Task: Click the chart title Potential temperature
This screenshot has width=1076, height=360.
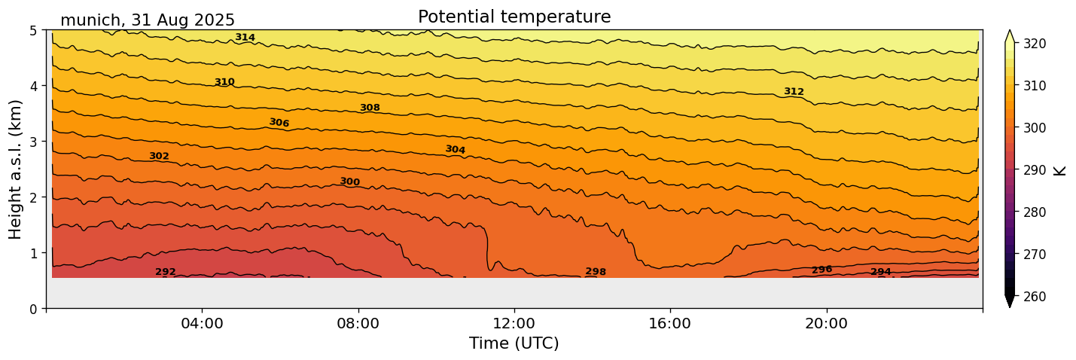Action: click(x=514, y=17)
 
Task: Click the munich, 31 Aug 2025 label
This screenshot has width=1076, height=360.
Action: click(x=148, y=20)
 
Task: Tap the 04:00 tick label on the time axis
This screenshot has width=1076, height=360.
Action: click(x=202, y=323)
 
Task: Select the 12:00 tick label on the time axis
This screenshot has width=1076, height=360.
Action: click(x=514, y=323)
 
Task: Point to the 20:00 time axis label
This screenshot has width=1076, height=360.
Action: click(x=827, y=323)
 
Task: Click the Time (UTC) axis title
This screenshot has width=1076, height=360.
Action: click(x=514, y=343)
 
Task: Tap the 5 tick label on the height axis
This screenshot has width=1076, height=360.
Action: click(x=34, y=31)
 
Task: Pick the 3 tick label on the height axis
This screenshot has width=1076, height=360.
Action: click(x=34, y=142)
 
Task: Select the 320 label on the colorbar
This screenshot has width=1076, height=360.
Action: click(x=1034, y=44)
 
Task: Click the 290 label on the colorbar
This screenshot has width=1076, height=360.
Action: click(x=1034, y=170)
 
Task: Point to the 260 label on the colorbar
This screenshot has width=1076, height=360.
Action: click(x=1034, y=297)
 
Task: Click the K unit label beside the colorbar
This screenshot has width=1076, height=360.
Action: click(x=1060, y=170)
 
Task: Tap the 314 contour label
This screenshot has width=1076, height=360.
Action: click(x=245, y=38)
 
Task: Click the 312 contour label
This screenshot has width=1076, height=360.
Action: click(x=794, y=92)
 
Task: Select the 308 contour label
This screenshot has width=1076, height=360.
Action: click(x=370, y=108)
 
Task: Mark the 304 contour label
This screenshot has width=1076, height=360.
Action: click(x=455, y=150)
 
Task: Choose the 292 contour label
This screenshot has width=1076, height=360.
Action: click(x=166, y=272)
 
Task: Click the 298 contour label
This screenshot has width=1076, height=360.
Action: click(x=596, y=272)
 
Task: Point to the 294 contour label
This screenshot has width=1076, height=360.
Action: click(x=881, y=272)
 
